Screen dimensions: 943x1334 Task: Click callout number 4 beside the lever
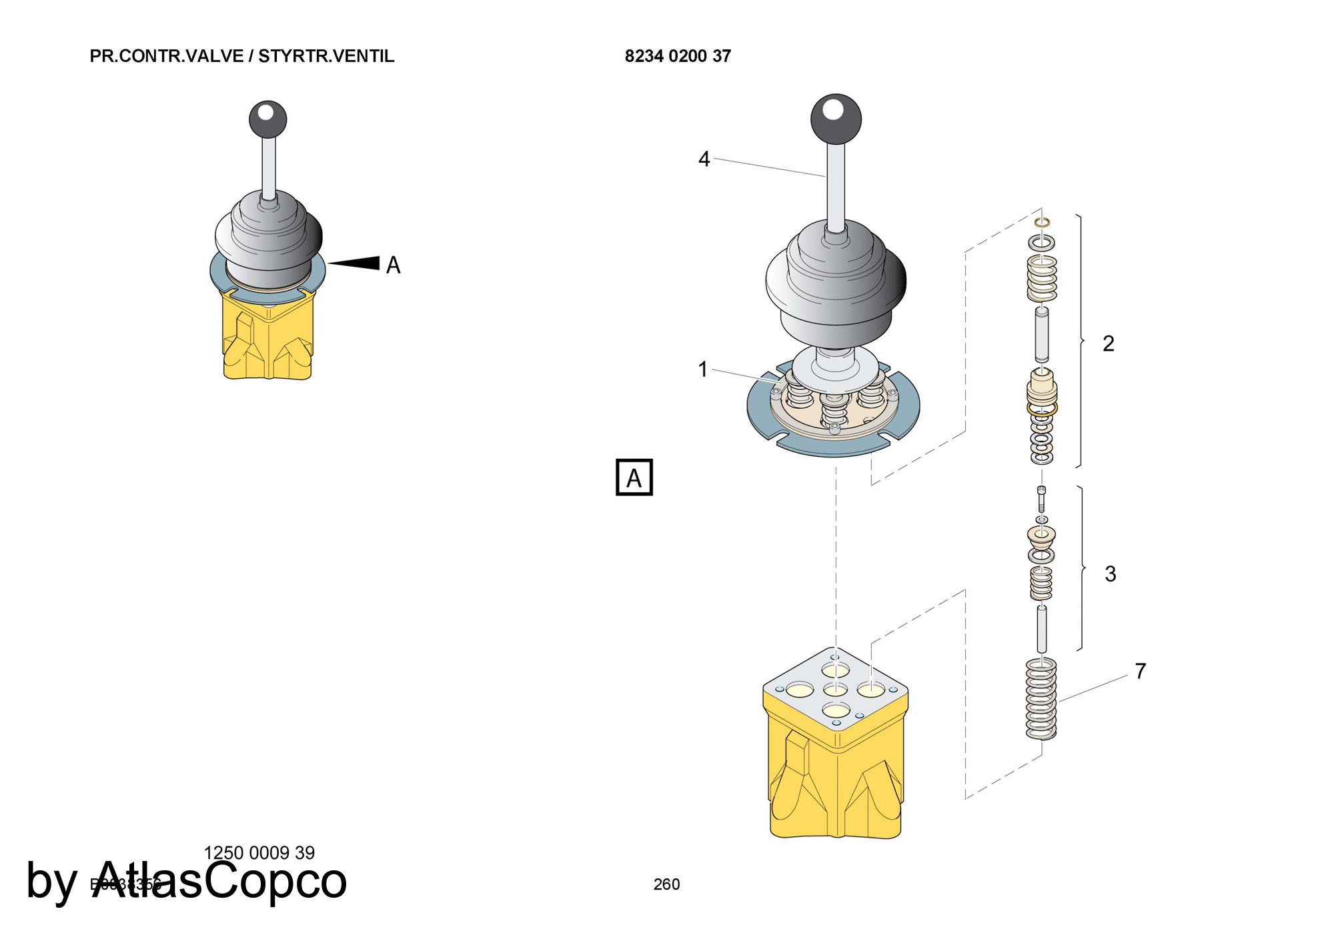[704, 159]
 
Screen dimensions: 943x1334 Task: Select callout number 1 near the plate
[702, 369]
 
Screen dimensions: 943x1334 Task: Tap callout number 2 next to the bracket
[1108, 343]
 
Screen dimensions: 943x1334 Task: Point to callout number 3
[1110, 574]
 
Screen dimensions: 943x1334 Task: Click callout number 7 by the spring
[1141, 671]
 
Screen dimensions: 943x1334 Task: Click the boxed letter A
[634, 478]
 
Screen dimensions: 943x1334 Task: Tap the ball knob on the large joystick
[836, 119]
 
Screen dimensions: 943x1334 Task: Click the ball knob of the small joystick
[267, 119]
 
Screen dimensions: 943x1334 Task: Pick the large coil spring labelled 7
[1041, 699]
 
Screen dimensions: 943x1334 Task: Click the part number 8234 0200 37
[678, 56]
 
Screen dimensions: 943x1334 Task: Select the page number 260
[666, 884]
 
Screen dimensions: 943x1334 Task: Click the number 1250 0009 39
[259, 853]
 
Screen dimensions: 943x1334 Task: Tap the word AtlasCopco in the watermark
[220, 880]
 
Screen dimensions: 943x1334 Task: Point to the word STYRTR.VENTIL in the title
[326, 56]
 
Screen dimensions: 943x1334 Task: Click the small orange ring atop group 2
[1042, 221]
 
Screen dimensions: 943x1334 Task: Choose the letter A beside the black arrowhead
[394, 265]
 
